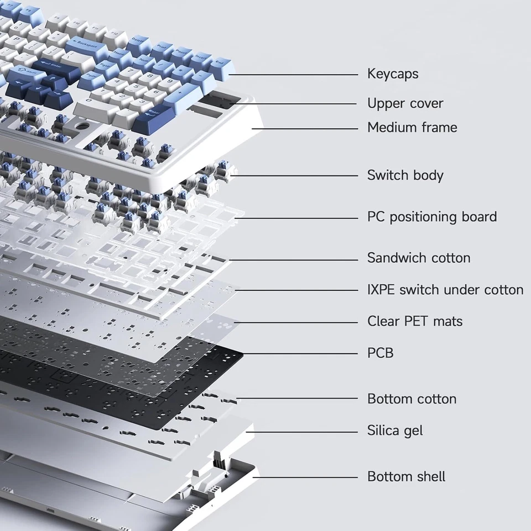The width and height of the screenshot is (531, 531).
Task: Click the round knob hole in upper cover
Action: (x=82, y=126)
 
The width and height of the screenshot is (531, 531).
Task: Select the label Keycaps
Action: (x=393, y=74)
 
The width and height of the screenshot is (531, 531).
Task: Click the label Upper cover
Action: (x=405, y=103)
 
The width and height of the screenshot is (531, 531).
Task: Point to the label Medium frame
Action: (x=412, y=127)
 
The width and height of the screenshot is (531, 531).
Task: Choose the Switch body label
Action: (x=405, y=175)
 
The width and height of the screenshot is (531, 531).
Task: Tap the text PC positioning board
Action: (x=431, y=217)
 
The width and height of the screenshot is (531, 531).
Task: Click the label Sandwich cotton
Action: (x=419, y=258)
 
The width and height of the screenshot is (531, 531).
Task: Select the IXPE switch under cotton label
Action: (x=445, y=290)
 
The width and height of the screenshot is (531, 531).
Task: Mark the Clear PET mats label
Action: (x=414, y=321)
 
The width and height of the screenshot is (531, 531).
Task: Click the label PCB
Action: (x=381, y=352)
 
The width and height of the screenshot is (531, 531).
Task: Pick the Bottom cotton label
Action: (x=412, y=399)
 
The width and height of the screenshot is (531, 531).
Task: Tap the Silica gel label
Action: (x=395, y=430)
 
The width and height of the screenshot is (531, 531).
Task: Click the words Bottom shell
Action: (x=406, y=477)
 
